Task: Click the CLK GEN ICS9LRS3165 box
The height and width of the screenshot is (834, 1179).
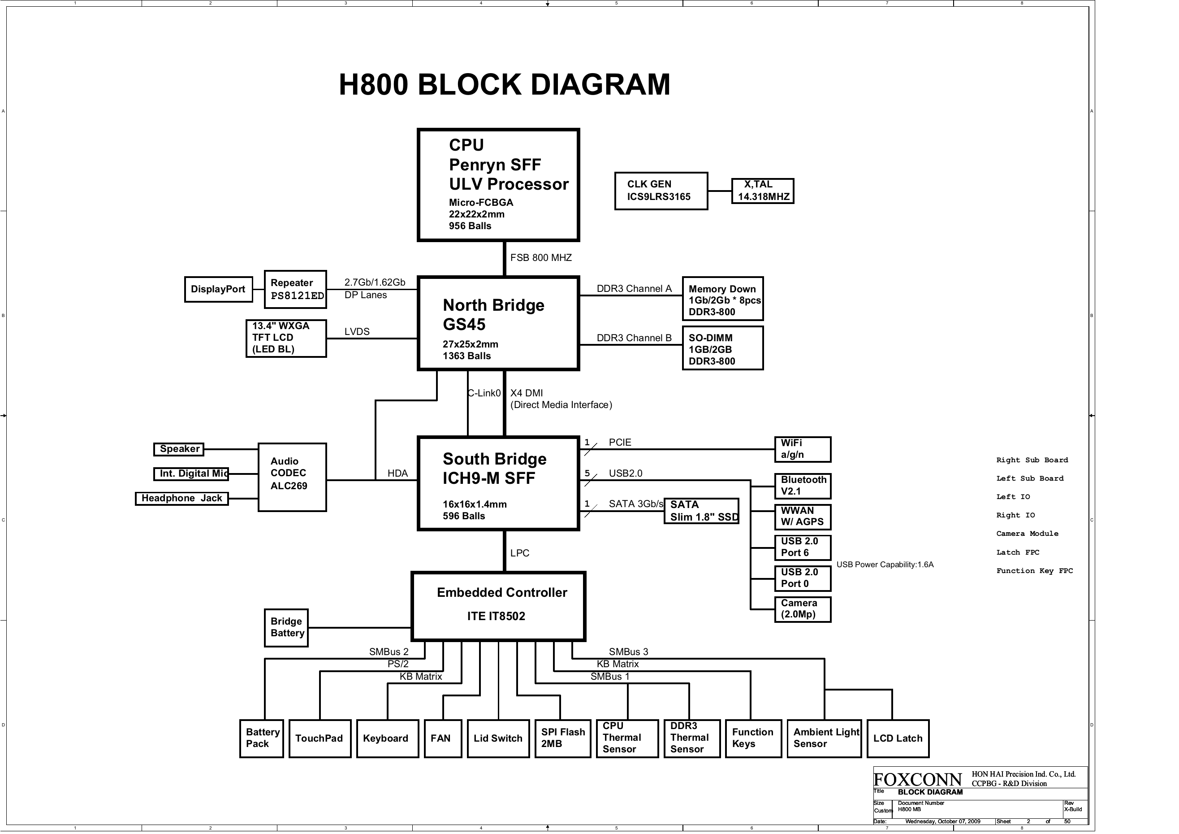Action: (x=661, y=191)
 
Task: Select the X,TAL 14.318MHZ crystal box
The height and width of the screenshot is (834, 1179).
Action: (x=763, y=191)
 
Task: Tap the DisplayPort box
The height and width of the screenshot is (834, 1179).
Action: (x=218, y=289)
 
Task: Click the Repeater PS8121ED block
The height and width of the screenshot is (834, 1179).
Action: (x=295, y=289)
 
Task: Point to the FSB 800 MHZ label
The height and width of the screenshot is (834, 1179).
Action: (x=541, y=257)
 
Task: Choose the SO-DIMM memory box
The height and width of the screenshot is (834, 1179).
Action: (x=722, y=349)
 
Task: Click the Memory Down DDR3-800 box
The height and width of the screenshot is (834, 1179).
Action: (x=722, y=300)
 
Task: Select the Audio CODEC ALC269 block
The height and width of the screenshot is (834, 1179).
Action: (x=292, y=477)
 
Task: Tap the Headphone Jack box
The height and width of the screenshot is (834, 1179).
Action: (x=182, y=499)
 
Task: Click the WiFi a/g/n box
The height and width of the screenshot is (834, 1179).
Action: (x=803, y=449)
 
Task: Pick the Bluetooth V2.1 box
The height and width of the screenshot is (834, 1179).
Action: (x=803, y=486)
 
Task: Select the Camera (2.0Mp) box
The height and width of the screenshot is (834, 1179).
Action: (x=803, y=609)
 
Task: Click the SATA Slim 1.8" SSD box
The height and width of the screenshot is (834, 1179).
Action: (x=701, y=511)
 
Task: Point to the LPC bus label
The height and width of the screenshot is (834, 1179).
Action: (x=520, y=553)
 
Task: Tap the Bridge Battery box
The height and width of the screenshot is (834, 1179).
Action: (x=286, y=627)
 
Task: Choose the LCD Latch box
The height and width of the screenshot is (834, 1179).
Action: (x=898, y=738)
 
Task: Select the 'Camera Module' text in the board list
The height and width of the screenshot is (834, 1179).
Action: (x=1027, y=534)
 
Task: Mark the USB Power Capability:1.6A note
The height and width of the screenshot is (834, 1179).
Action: (x=885, y=565)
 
